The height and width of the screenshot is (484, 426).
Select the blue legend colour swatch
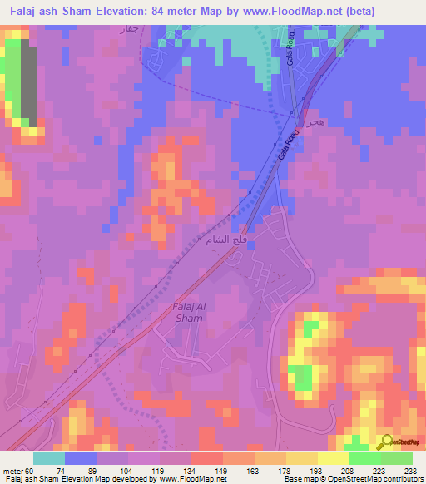coord(81,458)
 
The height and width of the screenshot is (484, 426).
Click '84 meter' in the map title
coord(176,11)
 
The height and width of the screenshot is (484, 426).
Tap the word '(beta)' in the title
coord(357,11)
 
